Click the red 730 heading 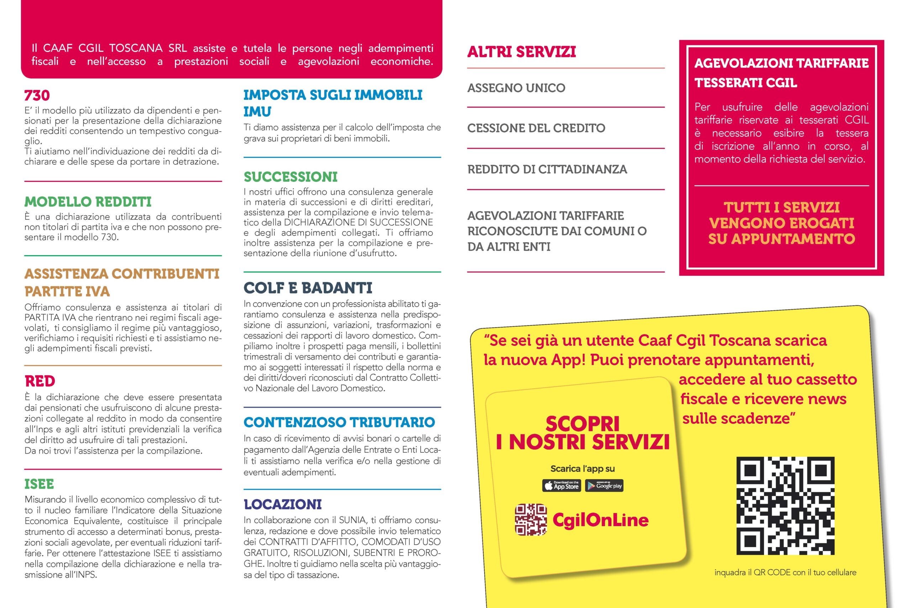click(x=37, y=95)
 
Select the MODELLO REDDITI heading click(x=88, y=202)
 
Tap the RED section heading click(x=40, y=381)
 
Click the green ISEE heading click(x=39, y=484)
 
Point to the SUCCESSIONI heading click(x=290, y=177)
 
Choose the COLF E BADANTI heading click(x=308, y=288)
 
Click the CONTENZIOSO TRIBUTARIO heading click(x=339, y=422)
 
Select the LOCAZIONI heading click(x=283, y=504)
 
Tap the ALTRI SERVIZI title click(x=522, y=52)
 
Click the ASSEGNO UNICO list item click(x=516, y=88)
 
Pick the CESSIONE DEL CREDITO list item click(x=536, y=128)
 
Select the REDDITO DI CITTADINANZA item click(x=547, y=169)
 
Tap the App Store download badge click(x=562, y=486)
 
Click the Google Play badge click(x=604, y=486)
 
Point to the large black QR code click(x=785, y=506)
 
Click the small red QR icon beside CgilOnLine click(x=531, y=519)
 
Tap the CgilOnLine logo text click(x=600, y=520)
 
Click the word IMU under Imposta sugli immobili click(x=258, y=112)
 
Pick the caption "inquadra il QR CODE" click(x=785, y=572)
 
